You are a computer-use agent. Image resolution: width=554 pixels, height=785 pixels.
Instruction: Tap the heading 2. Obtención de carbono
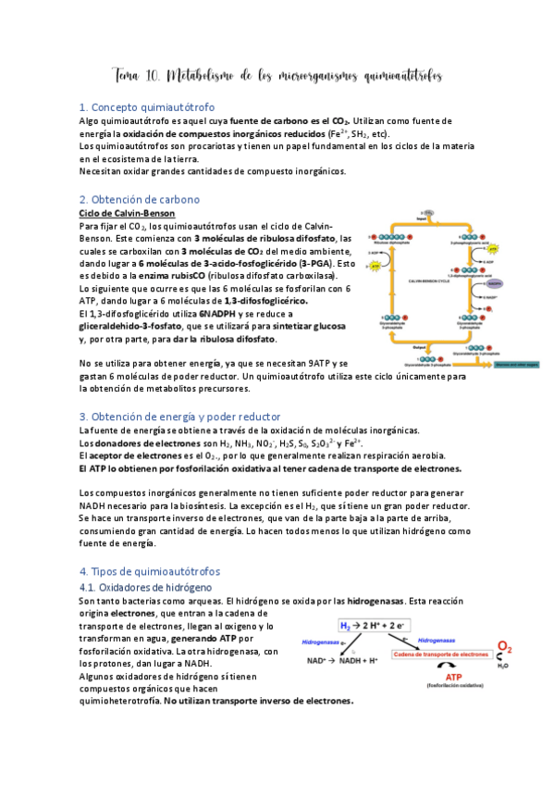(x=139, y=199)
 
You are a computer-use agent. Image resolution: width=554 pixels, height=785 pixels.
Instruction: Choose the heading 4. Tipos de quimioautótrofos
(x=150, y=572)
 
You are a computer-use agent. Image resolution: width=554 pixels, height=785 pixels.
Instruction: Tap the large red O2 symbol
(x=506, y=647)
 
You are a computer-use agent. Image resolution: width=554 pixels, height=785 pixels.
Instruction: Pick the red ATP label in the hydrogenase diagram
(x=443, y=677)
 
